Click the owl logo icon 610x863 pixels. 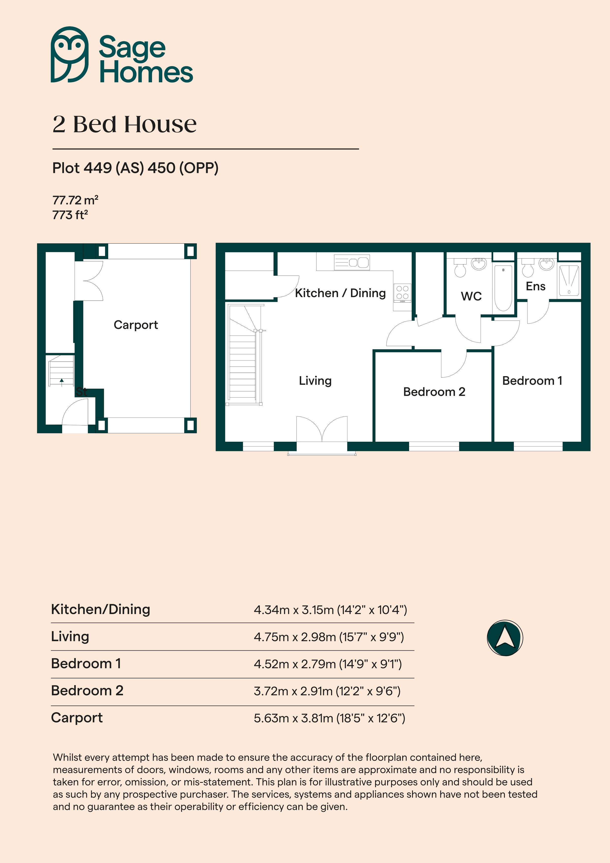70,55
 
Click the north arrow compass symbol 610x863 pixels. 505,638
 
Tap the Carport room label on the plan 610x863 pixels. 136,325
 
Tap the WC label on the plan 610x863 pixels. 471,296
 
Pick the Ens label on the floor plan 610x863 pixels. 535,286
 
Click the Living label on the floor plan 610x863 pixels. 315,381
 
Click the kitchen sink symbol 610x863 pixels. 352,262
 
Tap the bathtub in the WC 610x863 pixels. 503,288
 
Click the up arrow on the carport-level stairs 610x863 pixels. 62,382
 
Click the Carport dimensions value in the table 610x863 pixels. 330,718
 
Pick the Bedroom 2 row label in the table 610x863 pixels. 87,691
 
